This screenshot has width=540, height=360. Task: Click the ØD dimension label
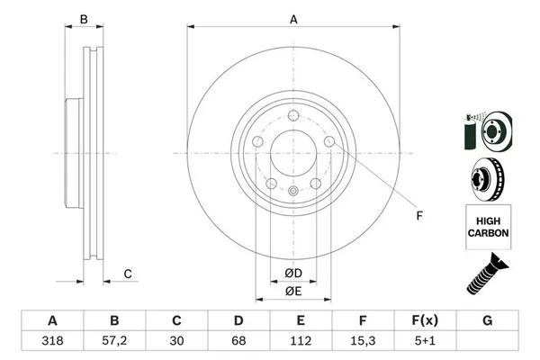[x=293, y=273]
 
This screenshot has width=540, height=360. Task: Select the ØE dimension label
[x=293, y=292]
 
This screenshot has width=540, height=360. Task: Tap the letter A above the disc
[x=293, y=19]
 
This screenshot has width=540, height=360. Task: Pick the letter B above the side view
[x=84, y=19]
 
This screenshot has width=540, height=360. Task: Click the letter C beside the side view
[x=128, y=274]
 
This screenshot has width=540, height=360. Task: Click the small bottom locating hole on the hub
[x=293, y=191]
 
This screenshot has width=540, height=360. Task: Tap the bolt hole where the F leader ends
[x=329, y=142]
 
